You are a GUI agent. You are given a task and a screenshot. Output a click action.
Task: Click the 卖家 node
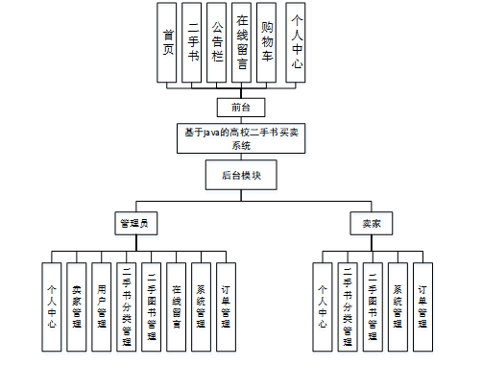click(x=371, y=223)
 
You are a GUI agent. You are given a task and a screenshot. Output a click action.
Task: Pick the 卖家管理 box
click(x=78, y=305)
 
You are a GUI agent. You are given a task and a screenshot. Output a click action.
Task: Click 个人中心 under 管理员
click(x=53, y=305)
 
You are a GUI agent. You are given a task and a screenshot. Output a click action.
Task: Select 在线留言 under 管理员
click(x=177, y=305)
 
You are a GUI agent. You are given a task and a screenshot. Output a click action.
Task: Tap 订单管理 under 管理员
click(x=226, y=305)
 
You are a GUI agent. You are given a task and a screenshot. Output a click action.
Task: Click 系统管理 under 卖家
click(x=397, y=305)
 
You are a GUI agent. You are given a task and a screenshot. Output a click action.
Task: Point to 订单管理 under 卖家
click(x=422, y=305)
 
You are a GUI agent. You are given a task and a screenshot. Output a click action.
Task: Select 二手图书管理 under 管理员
click(x=152, y=305)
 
